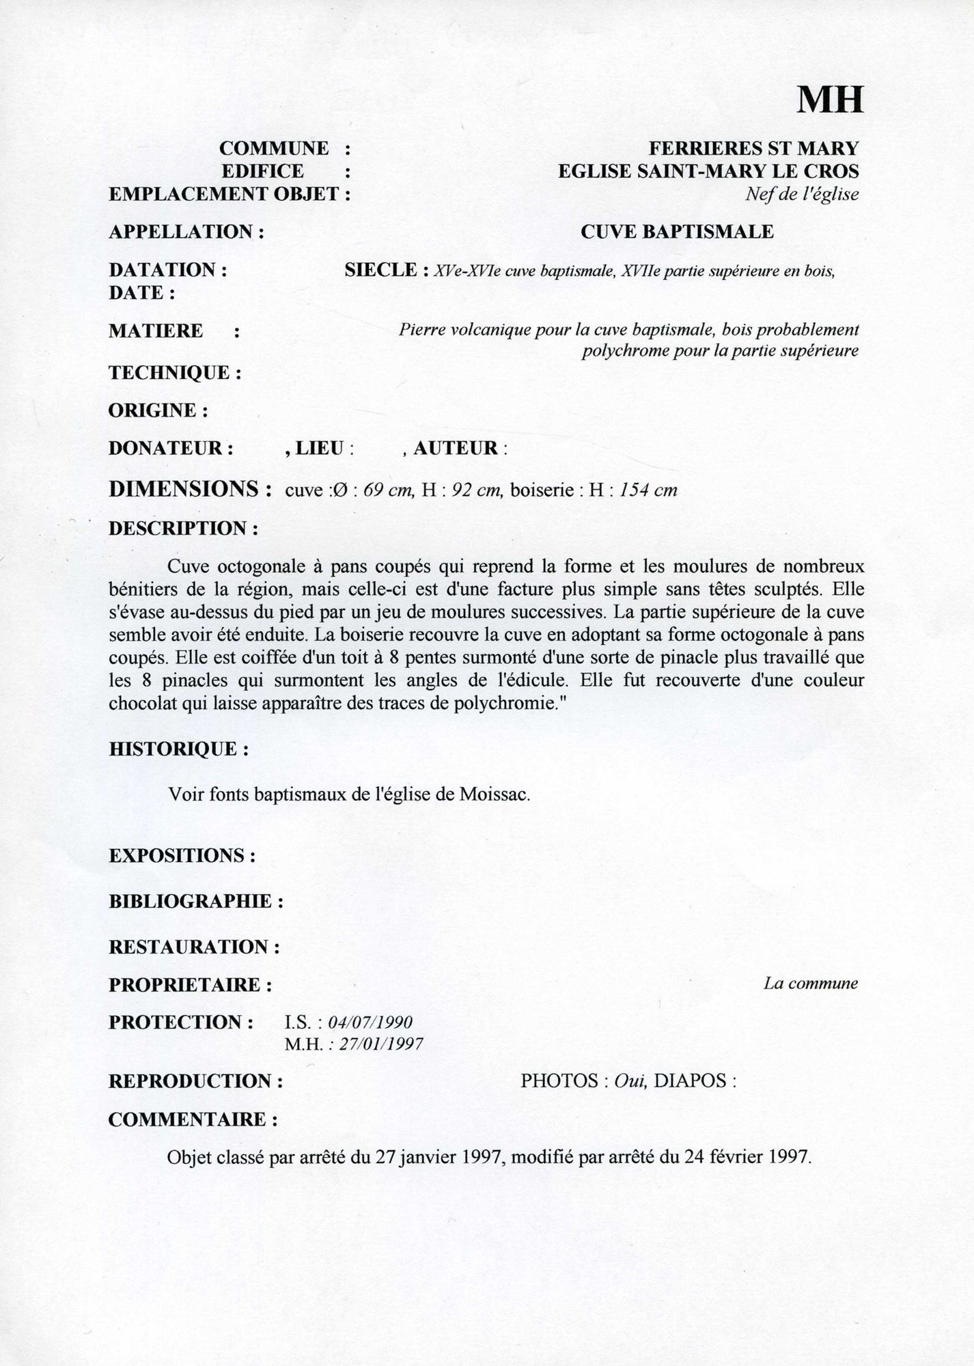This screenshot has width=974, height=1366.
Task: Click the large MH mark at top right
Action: click(x=830, y=100)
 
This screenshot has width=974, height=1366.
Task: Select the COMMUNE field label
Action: click(x=274, y=148)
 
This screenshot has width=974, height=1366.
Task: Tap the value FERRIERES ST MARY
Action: click(x=753, y=148)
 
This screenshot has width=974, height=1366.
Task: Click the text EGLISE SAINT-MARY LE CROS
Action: click(x=708, y=171)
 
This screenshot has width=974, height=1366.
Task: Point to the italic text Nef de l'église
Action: click(x=802, y=195)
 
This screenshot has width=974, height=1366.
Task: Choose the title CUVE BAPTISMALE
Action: click(x=677, y=232)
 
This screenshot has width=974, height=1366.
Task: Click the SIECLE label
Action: click(x=381, y=270)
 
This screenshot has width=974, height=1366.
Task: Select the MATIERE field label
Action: click(x=156, y=331)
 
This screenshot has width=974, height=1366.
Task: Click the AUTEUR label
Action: click(x=455, y=449)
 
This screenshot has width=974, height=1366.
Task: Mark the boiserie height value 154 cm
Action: click(x=648, y=490)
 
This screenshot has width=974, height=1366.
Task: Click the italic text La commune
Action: click(x=811, y=984)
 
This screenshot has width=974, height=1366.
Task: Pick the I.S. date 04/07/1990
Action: click(x=370, y=1022)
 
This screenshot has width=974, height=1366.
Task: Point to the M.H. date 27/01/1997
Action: click(x=376, y=1044)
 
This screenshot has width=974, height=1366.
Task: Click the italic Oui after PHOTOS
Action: click(x=630, y=1081)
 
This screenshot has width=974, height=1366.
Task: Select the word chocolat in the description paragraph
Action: click(x=142, y=704)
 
